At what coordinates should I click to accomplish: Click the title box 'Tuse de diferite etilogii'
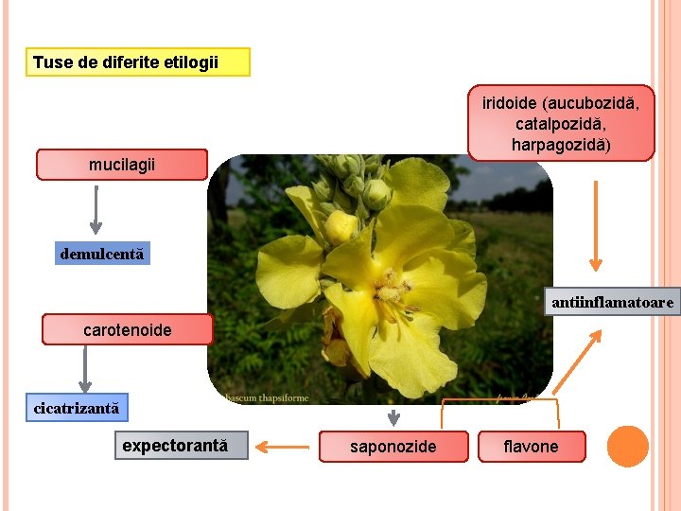point(137,62)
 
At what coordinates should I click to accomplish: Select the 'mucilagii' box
point(121,165)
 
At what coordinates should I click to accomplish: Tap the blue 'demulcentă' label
point(102,254)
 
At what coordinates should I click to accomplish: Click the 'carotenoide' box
point(128,329)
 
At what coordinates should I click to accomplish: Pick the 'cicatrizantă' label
point(77,408)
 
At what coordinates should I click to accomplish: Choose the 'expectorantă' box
point(181,445)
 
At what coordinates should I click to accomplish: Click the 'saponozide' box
point(393,446)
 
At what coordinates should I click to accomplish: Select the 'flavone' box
point(531,446)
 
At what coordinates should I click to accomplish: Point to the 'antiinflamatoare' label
point(612,302)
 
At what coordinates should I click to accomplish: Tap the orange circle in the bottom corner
point(627,447)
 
